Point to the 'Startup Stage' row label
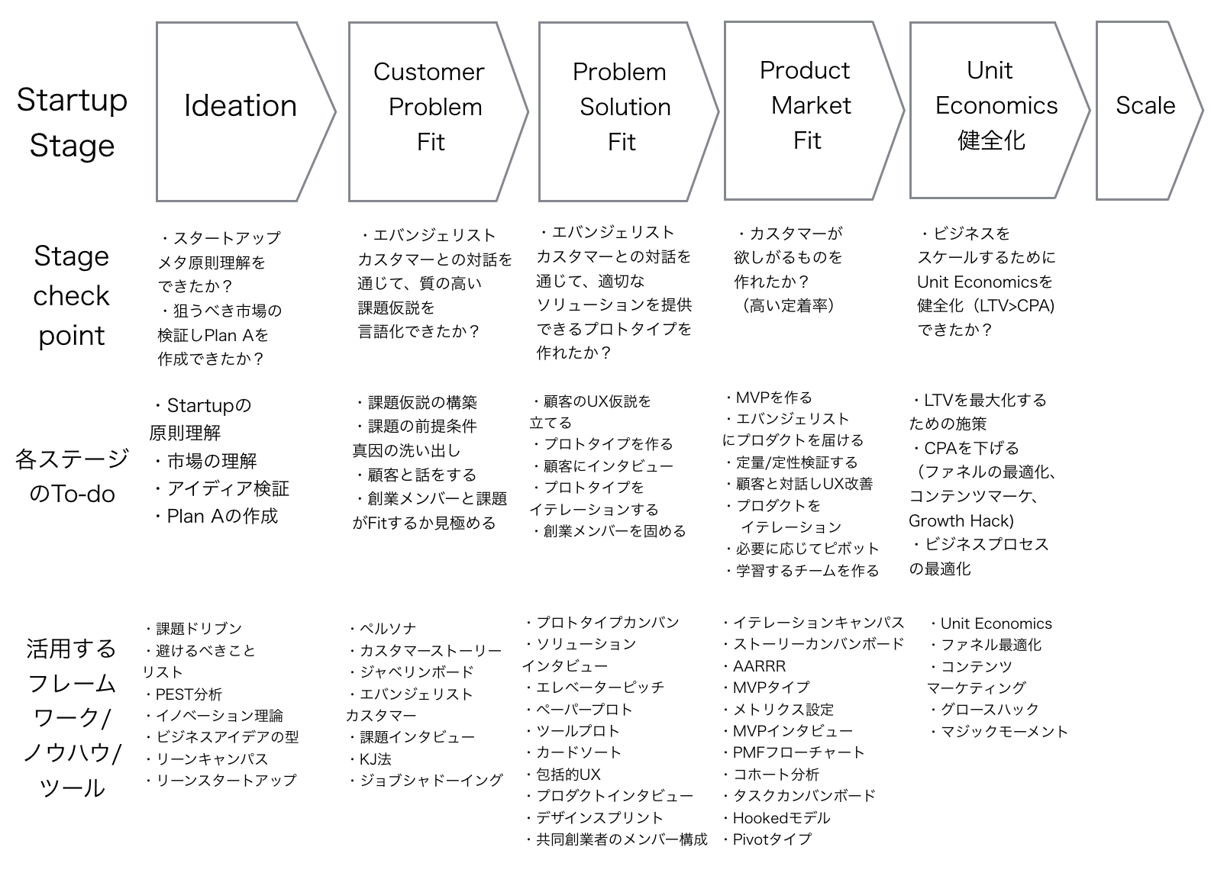[x=72, y=123]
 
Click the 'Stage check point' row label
[x=71, y=295]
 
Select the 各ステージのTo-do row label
[x=72, y=476]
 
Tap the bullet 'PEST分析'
[x=184, y=694]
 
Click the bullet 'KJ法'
[x=370, y=759]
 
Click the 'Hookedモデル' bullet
[x=777, y=818]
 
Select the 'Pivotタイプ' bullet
[x=767, y=839]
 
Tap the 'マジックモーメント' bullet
[x=999, y=732]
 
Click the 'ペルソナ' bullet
[x=383, y=628]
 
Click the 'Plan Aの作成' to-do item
[x=216, y=516]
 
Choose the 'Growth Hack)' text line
[x=961, y=520]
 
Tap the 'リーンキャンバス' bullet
[x=207, y=759]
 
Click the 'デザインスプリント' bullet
[x=594, y=818]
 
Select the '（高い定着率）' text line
[x=789, y=306]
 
